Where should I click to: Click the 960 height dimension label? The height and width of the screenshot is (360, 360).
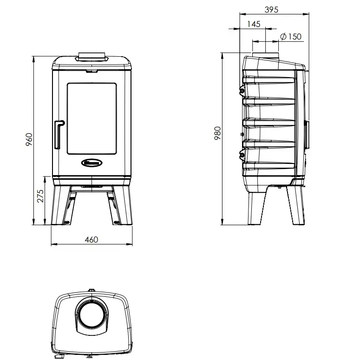click(x=29, y=139)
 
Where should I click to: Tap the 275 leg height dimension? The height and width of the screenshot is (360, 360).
click(x=40, y=196)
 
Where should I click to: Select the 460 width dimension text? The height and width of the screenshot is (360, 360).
click(x=92, y=240)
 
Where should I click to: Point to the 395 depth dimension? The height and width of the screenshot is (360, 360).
click(x=271, y=10)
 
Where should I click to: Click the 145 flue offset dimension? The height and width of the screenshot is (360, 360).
click(x=254, y=24)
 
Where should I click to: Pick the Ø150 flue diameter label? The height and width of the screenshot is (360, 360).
click(x=291, y=37)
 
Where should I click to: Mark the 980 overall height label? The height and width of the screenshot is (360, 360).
click(x=217, y=133)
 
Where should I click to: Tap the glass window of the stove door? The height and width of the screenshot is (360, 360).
click(x=92, y=118)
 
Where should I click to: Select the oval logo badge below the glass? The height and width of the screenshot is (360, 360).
click(x=92, y=163)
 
